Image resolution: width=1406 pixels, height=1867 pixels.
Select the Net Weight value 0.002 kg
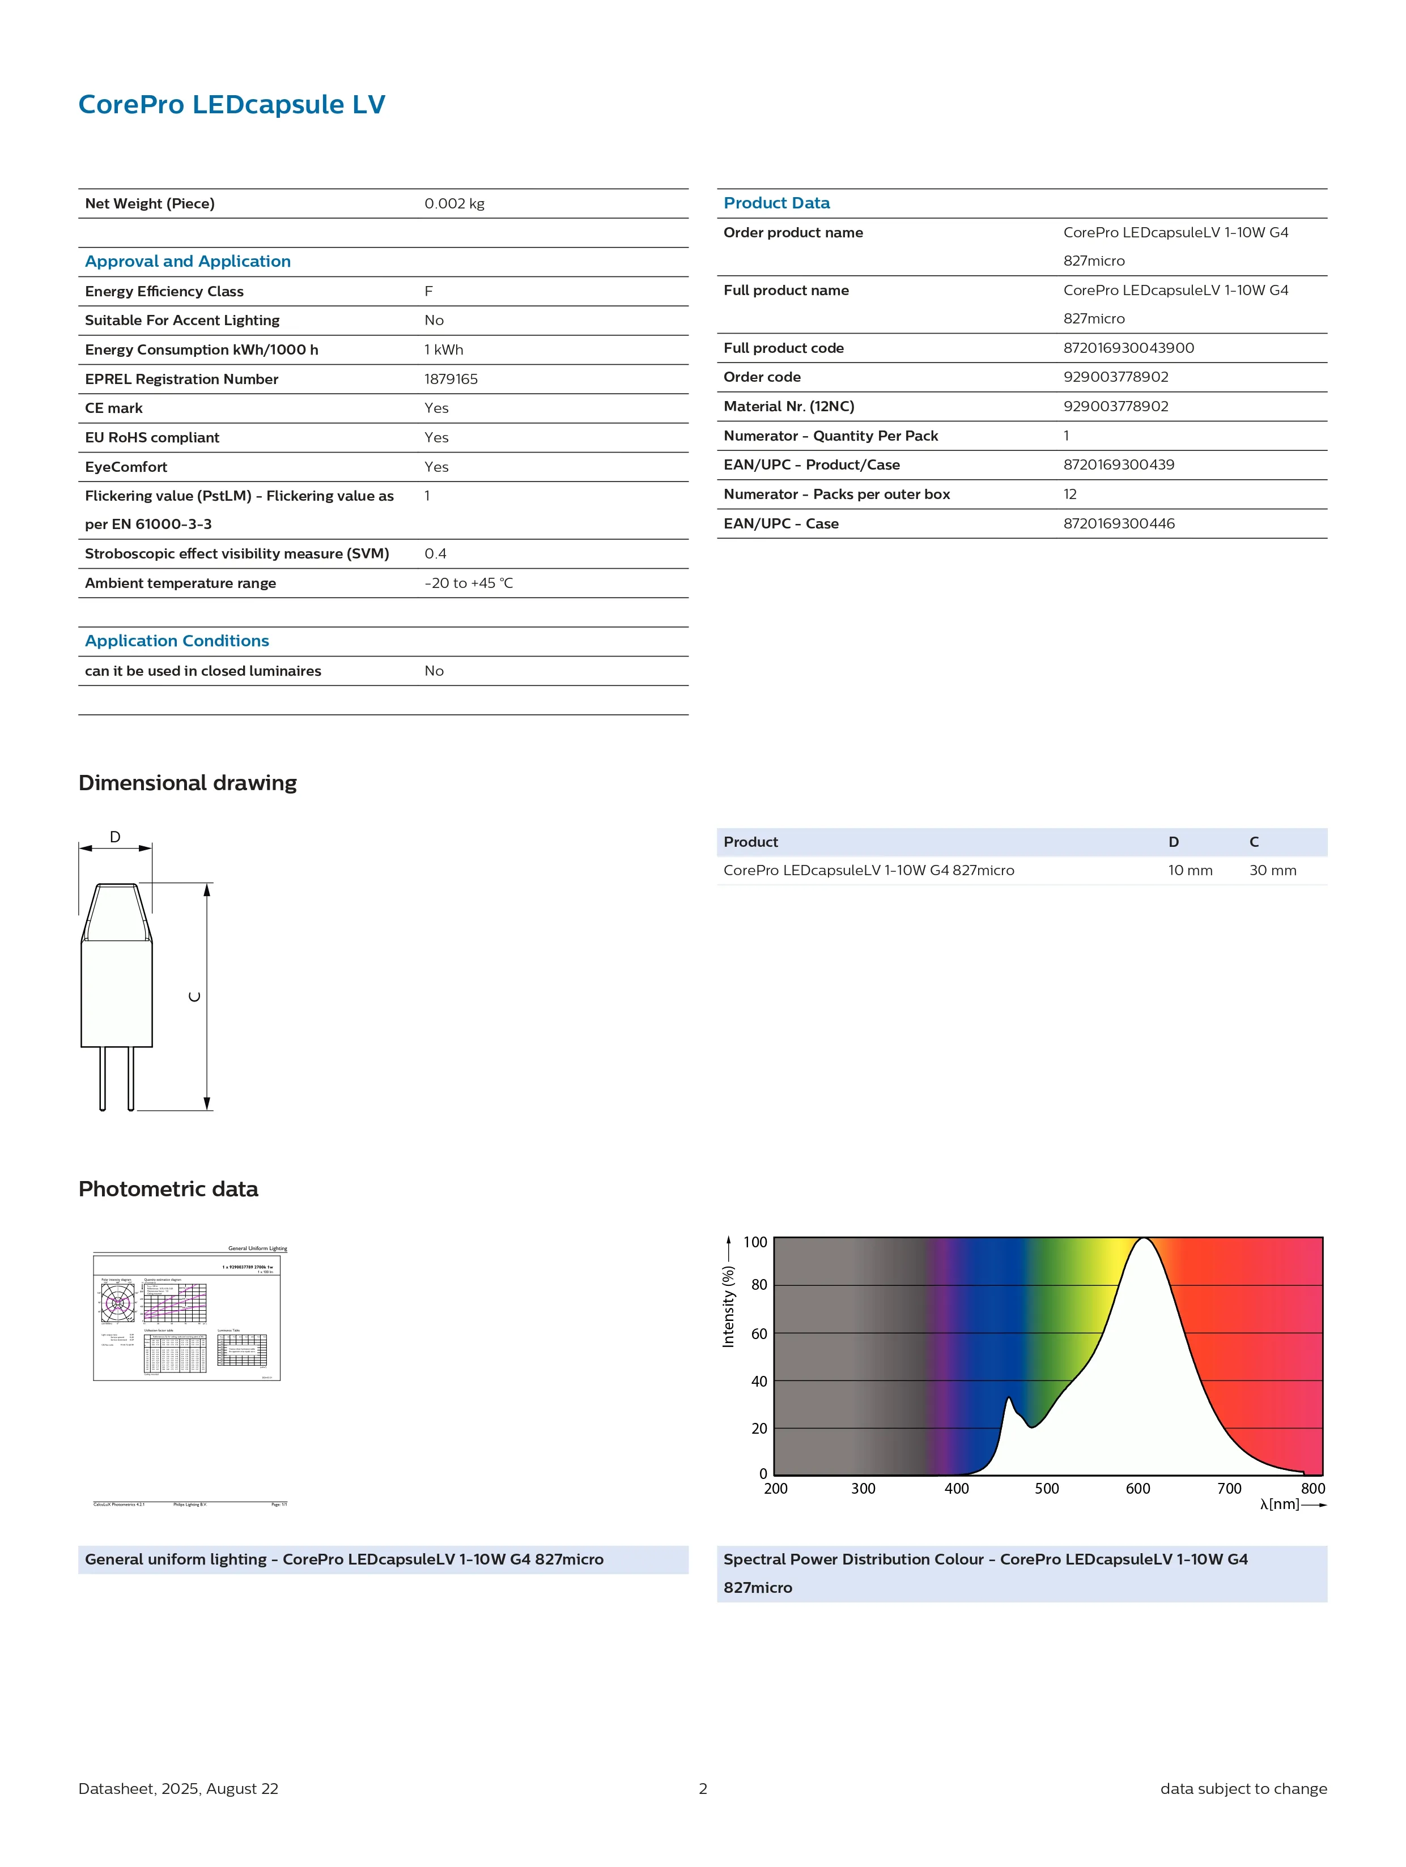point(454,203)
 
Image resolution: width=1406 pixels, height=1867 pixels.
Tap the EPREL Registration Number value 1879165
point(451,379)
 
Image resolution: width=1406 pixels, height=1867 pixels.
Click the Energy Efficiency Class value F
point(429,291)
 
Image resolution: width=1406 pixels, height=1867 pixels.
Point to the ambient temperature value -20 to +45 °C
point(469,583)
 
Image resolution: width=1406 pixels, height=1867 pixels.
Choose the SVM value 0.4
point(436,553)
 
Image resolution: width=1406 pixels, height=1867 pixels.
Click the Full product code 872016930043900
point(1128,348)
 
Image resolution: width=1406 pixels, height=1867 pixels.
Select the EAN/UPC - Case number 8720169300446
point(1119,523)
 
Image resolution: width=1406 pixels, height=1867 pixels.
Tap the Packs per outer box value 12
point(1070,494)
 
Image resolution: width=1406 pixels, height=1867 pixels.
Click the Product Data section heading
point(776,203)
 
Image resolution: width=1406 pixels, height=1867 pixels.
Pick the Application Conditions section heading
point(176,641)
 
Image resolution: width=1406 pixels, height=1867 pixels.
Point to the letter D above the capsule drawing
point(115,837)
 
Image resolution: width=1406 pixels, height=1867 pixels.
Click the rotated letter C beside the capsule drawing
point(195,997)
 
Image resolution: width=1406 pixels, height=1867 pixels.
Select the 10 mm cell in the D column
point(1190,870)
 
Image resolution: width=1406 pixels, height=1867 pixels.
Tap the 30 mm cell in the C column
point(1273,870)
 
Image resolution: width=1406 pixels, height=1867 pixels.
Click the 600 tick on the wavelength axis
point(1137,1489)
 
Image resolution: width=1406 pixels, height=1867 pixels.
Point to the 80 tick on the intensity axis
point(759,1285)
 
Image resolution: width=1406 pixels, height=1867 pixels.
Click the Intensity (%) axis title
point(728,1307)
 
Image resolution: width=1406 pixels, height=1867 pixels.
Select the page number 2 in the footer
point(703,1788)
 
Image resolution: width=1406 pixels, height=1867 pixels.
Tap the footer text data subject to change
point(1243,1788)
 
